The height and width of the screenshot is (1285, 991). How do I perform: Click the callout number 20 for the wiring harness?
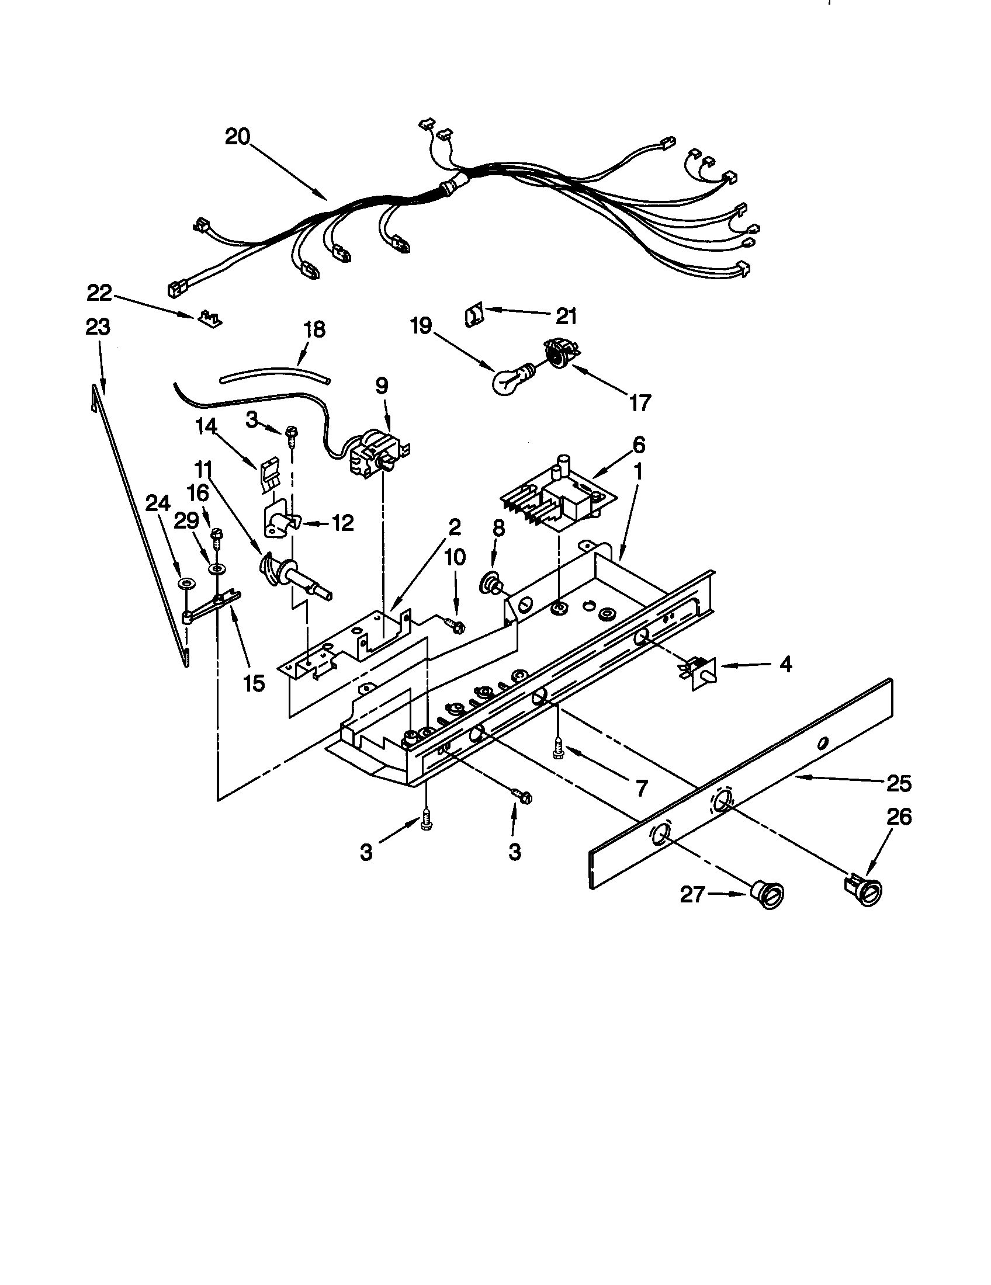pos(237,137)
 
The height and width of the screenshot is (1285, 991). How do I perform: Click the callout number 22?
pos(100,293)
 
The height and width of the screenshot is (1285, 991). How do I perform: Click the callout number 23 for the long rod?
pos(98,327)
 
